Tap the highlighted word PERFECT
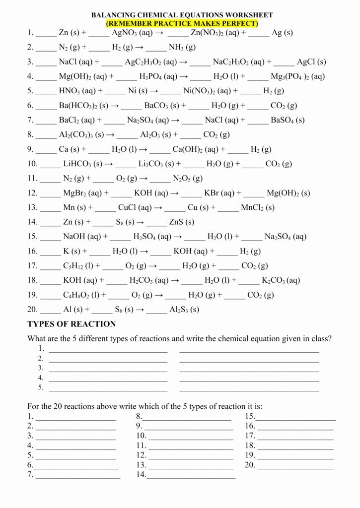237,23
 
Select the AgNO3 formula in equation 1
127,33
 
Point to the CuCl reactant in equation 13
131,208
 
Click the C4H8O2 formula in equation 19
76,295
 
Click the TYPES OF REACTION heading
72,324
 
